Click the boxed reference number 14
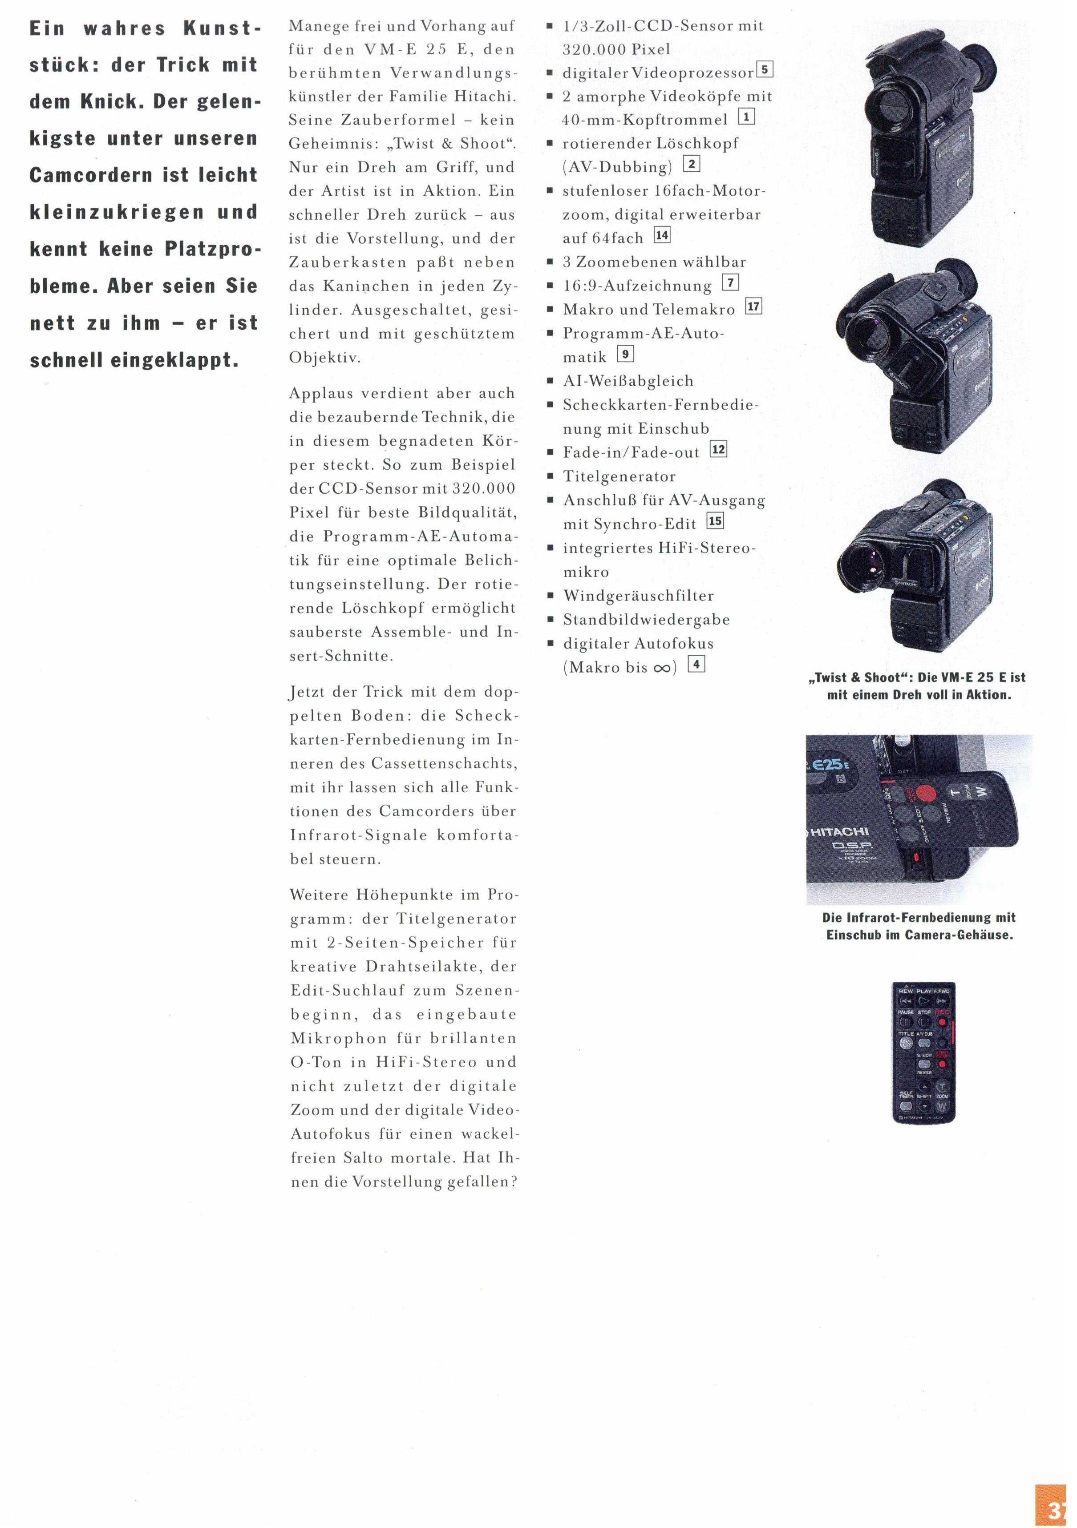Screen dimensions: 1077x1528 coord(662,235)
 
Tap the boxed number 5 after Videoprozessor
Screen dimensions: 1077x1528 coord(765,69)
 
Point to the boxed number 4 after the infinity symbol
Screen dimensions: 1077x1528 coord(696,664)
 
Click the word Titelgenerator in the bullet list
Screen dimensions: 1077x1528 coord(619,476)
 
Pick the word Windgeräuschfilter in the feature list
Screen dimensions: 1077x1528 coord(638,596)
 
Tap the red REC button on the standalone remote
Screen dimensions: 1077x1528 coord(941,1021)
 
